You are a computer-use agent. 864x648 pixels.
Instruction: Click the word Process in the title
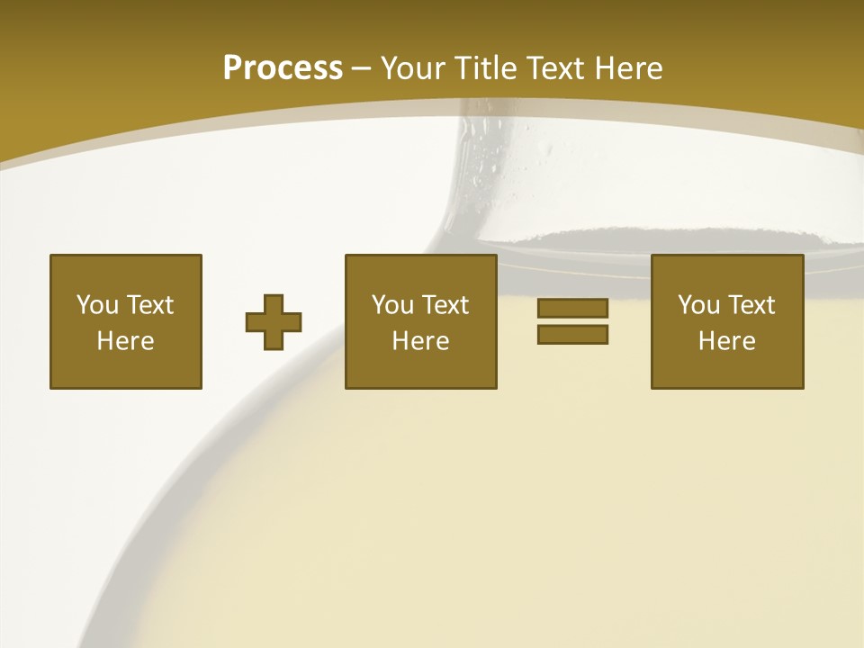pyautogui.click(x=283, y=67)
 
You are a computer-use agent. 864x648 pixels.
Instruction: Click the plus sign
pyautogui.click(x=274, y=322)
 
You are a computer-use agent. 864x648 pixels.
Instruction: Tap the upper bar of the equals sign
pyautogui.click(x=572, y=308)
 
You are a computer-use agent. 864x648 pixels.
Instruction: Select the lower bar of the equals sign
pyautogui.click(x=572, y=335)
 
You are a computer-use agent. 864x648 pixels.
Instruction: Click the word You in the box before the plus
pyautogui.click(x=98, y=305)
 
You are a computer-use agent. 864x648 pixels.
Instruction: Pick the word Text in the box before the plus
pyautogui.click(x=149, y=305)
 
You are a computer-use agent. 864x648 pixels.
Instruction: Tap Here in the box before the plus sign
pyautogui.click(x=125, y=341)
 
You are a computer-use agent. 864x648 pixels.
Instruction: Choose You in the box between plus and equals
pyautogui.click(x=393, y=305)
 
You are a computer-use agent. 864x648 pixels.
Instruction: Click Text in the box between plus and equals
pyautogui.click(x=445, y=305)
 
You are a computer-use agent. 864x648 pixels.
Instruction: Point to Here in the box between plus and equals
pyautogui.click(x=420, y=341)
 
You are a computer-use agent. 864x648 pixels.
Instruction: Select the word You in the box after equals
pyautogui.click(x=699, y=305)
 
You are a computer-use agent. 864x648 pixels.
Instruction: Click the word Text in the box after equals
pyautogui.click(x=751, y=305)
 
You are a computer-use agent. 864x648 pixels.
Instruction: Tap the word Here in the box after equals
pyautogui.click(x=726, y=341)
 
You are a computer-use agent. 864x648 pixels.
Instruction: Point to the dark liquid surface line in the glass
pyautogui.click(x=630, y=238)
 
